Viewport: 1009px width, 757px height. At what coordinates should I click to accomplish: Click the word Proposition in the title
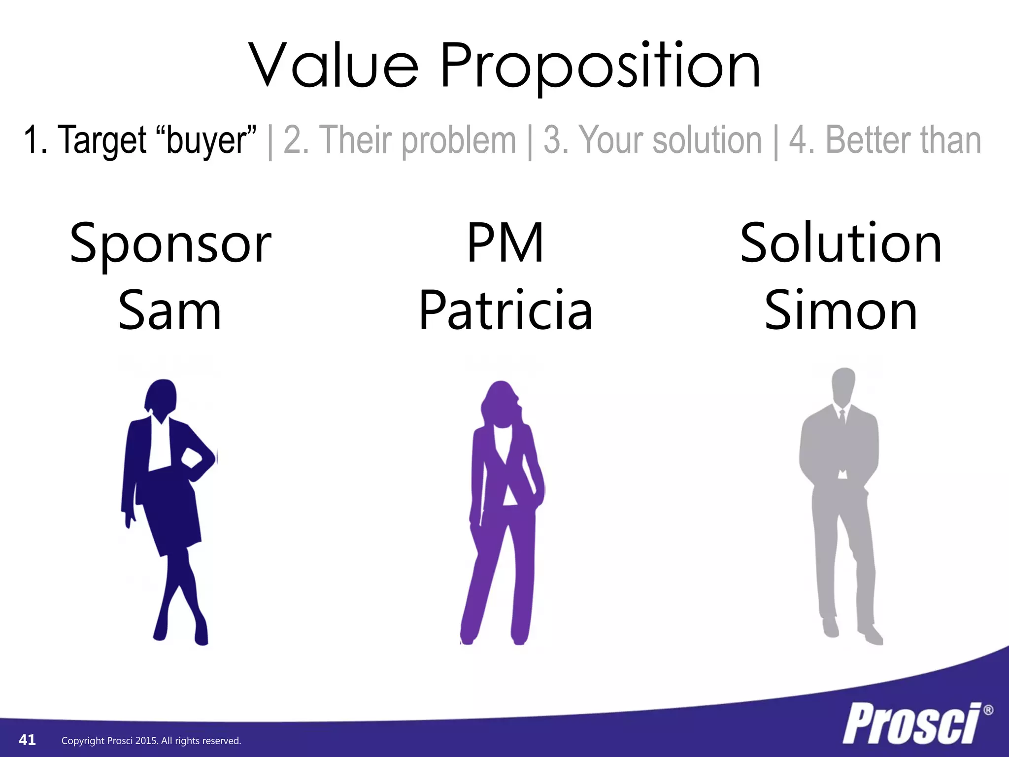click(x=601, y=67)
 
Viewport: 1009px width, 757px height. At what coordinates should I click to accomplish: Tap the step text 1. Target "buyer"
click(x=140, y=140)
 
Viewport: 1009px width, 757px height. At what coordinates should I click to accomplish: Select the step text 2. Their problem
click(x=400, y=140)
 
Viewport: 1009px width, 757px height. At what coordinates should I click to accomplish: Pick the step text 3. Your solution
click(x=652, y=140)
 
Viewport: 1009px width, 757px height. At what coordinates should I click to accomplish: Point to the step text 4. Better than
click(x=885, y=140)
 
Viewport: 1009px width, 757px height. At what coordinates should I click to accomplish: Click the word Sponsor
click(x=170, y=244)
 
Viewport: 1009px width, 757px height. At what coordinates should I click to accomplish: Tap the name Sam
click(x=170, y=311)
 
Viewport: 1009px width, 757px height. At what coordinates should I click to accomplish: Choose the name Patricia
click(x=505, y=310)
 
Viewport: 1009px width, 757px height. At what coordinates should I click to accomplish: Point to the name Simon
click(x=841, y=311)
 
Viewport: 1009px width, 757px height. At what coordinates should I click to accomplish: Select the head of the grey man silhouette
click(x=843, y=384)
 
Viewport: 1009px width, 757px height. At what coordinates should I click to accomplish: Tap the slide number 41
click(x=27, y=740)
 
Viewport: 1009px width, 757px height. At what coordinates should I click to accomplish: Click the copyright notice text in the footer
click(x=151, y=741)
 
